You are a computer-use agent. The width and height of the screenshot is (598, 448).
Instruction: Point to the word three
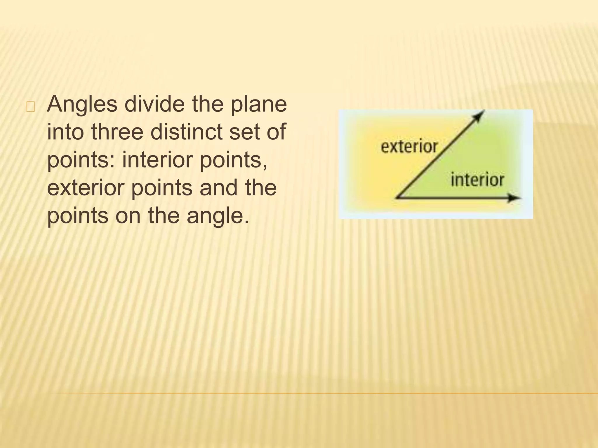pyautogui.click(x=117, y=132)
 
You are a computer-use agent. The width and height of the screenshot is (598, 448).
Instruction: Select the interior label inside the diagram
pyautogui.click(x=477, y=180)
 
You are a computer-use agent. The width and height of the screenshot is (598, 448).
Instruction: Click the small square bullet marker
pyautogui.click(x=30, y=107)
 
